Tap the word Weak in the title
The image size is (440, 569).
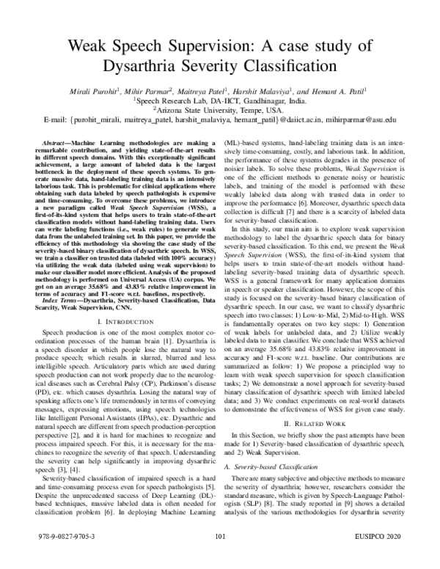coord(93,46)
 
